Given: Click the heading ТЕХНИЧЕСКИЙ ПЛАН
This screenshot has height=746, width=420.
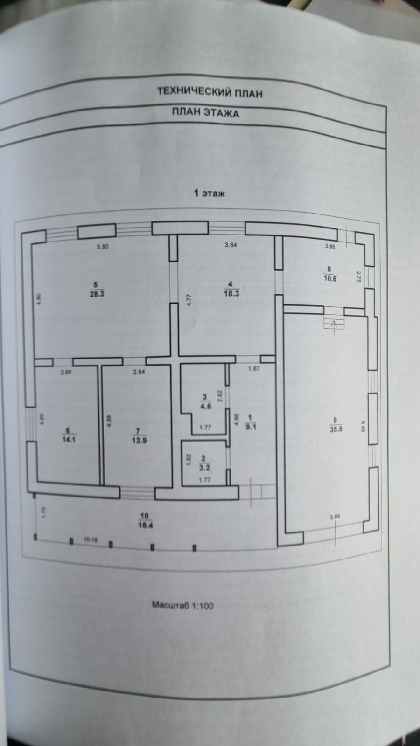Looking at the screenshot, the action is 210,93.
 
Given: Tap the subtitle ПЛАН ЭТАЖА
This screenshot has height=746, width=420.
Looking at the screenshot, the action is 205,112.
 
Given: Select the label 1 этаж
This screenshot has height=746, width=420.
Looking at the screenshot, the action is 210,193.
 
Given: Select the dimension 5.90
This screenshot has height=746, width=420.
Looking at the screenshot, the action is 103,247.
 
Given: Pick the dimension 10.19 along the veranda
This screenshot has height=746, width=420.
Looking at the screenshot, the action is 91,540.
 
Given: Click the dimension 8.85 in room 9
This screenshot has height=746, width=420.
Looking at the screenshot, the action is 363,425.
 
